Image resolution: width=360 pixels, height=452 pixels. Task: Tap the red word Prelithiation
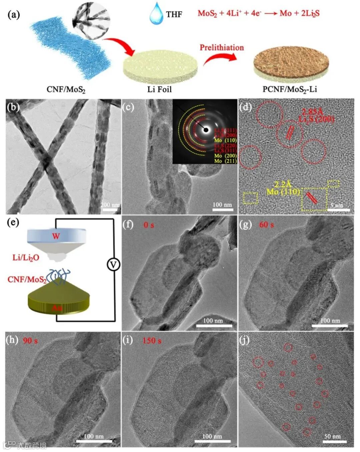pyautogui.click(x=222, y=48)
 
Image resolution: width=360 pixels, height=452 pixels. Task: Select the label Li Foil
pyautogui.click(x=159, y=89)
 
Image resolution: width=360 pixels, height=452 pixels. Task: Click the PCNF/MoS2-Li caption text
pyautogui.click(x=290, y=89)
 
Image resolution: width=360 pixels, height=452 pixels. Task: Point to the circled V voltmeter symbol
pyautogui.click(x=113, y=265)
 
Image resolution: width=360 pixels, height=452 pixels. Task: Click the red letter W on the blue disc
pyautogui.click(x=56, y=236)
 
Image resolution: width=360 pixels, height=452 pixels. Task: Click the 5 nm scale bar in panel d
pyautogui.click(x=340, y=210)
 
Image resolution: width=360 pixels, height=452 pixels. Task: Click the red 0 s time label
pyautogui.click(x=149, y=225)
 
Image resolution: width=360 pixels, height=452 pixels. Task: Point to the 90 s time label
pyautogui.click(x=30, y=341)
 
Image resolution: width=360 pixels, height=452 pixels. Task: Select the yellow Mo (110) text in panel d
pyautogui.click(x=283, y=192)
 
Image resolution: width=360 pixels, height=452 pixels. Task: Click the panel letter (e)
pyautogui.click(x=13, y=222)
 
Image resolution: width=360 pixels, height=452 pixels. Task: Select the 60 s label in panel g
pyautogui.click(x=266, y=225)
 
